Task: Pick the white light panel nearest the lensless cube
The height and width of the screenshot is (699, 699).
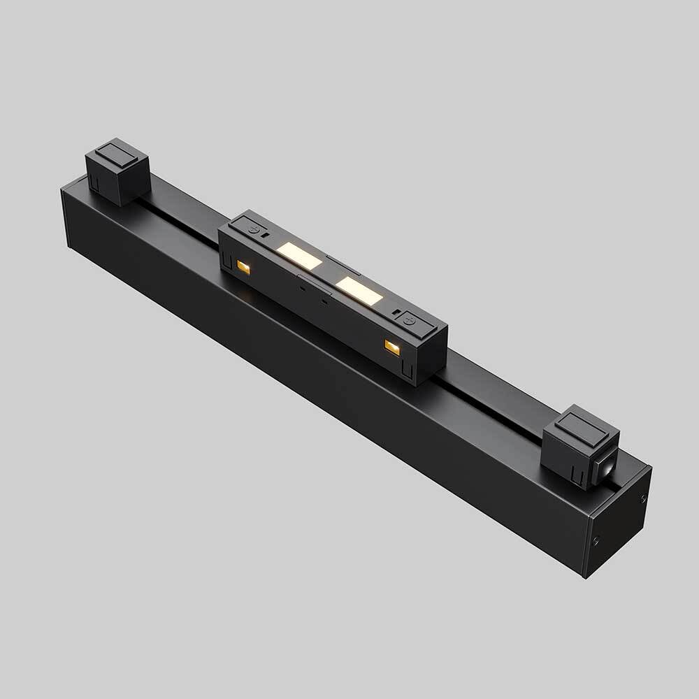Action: coord(298,257)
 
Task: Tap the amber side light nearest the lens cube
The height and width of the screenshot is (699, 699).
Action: coord(392,347)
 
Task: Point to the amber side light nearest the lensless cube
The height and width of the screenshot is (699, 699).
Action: coord(243,266)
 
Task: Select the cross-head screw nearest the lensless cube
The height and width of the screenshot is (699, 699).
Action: coord(255,229)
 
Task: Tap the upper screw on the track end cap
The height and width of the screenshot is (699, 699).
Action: coord(644,497)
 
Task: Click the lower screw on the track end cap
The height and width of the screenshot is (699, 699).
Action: coord(596,540)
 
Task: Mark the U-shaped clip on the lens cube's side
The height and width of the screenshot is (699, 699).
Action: coord(577,477)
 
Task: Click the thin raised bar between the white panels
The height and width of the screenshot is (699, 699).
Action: coord(343,265)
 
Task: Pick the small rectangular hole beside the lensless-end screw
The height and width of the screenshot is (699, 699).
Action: coord(266,236)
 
